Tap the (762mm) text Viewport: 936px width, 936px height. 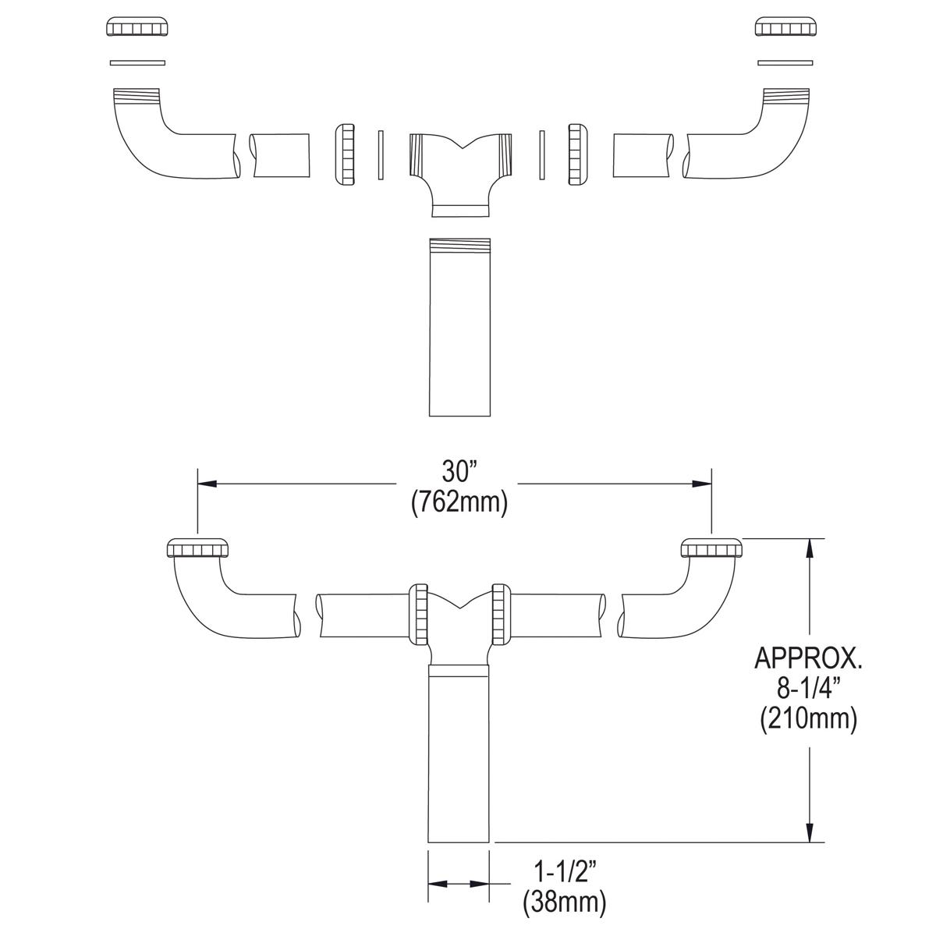point(459,502)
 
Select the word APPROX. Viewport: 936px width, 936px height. point(808,658)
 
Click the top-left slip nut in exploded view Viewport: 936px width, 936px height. point(136,27)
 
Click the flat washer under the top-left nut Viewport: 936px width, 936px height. point(137,62)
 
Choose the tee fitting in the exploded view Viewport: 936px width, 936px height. point(460,168)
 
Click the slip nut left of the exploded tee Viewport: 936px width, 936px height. point(344,154)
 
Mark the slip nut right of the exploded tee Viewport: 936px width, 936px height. point(578,154)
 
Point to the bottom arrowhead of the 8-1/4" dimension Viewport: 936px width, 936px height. point(812,832)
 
